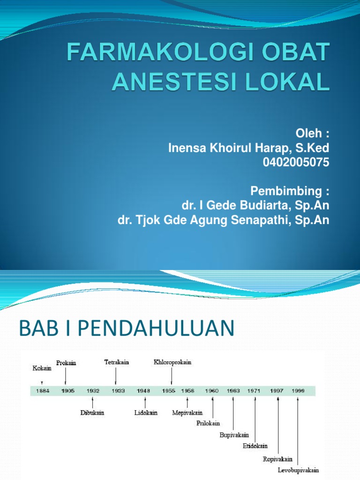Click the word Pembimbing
[286, 191]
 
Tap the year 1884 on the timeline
[42, 391]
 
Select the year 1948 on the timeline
[143, 391]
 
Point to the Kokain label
[42, 368]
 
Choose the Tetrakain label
[116, 362]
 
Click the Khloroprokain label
[172, 362]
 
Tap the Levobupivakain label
[298, 470]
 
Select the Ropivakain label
[277, 459]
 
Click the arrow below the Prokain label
[66, 375]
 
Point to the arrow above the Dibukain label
[93, 402]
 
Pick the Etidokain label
[255, 446]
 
